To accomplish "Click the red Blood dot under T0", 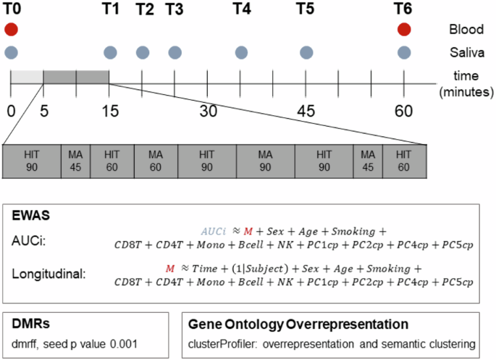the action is [11, 30].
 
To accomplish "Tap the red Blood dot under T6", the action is [404, 30].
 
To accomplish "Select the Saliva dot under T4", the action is [241, 52].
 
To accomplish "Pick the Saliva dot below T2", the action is [143, 52].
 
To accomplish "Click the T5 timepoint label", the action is [306, 9].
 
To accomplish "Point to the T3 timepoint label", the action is [175, 9].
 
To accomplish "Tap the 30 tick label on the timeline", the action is [208, 111].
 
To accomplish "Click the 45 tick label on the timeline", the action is [306, 111].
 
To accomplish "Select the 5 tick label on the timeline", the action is [44, 111].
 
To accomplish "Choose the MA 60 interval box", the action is [156, 162].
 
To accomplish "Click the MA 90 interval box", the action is [266, 162].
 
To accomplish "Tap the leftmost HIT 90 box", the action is [32, 162].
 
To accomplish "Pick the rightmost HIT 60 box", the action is [405, 162].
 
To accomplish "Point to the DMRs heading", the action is [30, 324].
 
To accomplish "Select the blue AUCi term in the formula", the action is [214, 231].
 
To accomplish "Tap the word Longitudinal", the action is [49, 274].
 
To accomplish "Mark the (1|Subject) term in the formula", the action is [260, 269].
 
